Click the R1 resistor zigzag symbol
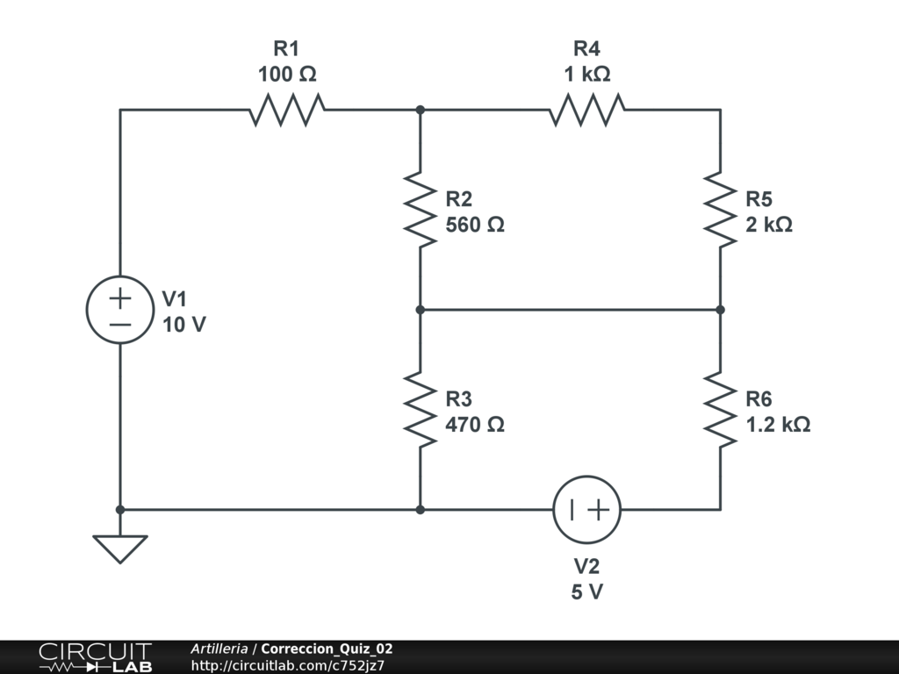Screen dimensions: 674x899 (287, 111)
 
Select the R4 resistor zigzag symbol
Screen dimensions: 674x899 (587, 111)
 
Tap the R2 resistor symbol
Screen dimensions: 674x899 (421, 211)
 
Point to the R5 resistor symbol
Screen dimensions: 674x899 (721, 211)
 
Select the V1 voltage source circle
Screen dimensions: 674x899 (120, 310)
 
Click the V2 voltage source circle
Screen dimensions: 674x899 (587, 510)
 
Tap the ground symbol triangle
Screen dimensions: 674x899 (120, 549)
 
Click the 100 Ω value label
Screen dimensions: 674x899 (287, 75)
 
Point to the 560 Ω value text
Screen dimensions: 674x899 (475, 225)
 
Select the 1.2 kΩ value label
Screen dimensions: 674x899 (778, 425)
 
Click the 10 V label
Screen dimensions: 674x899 (184, 325)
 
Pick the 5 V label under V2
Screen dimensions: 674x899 (587, 592)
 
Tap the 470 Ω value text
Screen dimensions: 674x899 (475, 425)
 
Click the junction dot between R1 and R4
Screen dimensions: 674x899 (421, 111)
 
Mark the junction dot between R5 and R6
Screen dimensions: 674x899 (721, 310)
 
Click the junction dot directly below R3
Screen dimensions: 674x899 (421, 509)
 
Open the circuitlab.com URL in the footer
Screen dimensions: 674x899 (288, 665)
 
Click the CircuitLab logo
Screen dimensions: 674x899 (95, 657)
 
